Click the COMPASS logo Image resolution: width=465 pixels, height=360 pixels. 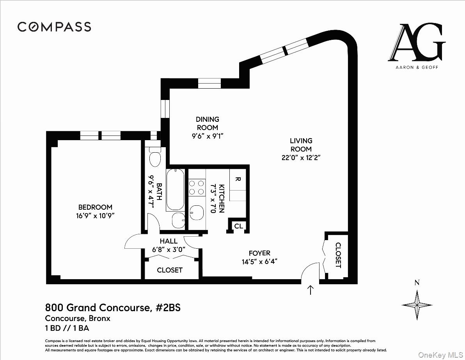[x=54, y=27]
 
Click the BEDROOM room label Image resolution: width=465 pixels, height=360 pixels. [x=95, y=207]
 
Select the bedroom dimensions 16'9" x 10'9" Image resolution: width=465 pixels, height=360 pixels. [x=95, y=216]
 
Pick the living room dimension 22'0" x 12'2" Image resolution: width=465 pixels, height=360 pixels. [x=301, y=157]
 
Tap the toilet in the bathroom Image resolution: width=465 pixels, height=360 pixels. [x=155, y=158]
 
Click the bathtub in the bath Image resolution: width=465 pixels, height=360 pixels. [x=175, y=190]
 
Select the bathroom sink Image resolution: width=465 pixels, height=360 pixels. [x=179, y=220]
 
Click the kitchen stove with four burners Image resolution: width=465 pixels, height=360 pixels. [x=197, y=187]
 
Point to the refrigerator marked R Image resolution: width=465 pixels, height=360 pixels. [x=238, y=180]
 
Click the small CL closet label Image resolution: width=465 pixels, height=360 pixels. [x=238, y=226]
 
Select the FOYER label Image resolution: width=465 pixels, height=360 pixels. [x=259, y=253]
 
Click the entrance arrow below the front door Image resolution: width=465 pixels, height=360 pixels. [x=311, y=290]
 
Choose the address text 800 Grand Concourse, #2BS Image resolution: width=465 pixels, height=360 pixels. [x=113, y=308]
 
